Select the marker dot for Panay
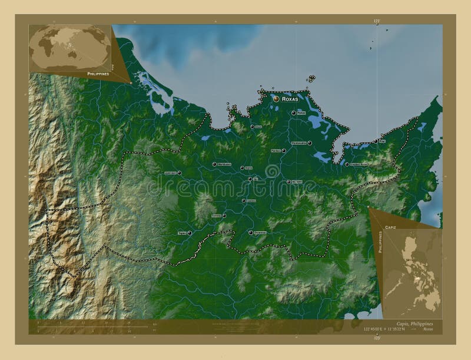[294, 112]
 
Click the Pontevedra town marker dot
[309, 142]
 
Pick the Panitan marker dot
[284, 151]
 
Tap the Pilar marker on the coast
[375, 141]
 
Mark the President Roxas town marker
[346, 164]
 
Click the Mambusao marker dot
[214, 164]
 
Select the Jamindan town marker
[179, 173]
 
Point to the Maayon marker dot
[289, 182]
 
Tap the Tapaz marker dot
[190, 233]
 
